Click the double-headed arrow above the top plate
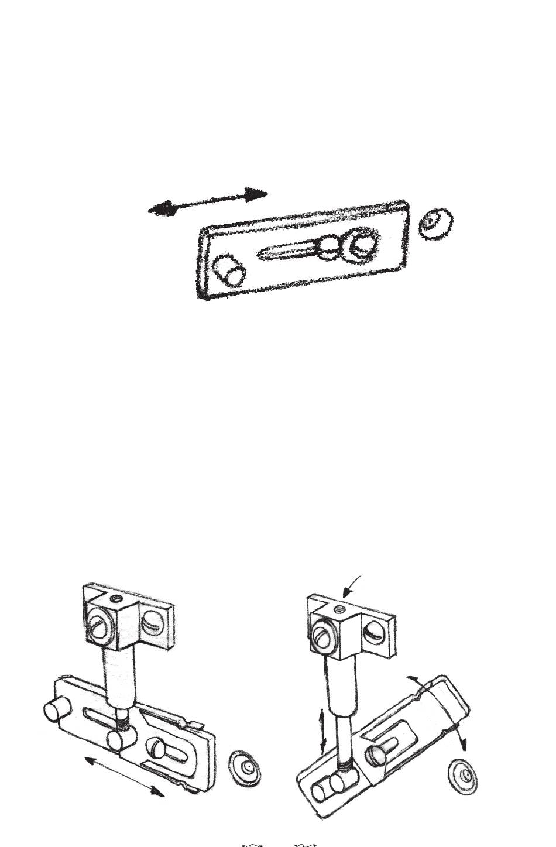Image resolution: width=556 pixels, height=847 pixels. [208, 201]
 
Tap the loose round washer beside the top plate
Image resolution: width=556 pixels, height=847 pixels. [436, 223]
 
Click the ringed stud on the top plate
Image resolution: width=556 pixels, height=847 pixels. [359, 245]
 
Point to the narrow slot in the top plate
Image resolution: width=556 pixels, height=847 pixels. [287, 252]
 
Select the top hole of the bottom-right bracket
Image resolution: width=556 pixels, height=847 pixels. [338, 609]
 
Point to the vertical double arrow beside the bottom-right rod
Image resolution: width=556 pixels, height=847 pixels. [322, 731]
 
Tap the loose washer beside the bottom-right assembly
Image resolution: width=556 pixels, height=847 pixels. [462, 777]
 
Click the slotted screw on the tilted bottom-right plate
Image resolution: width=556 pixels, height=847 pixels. [376, 755]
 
